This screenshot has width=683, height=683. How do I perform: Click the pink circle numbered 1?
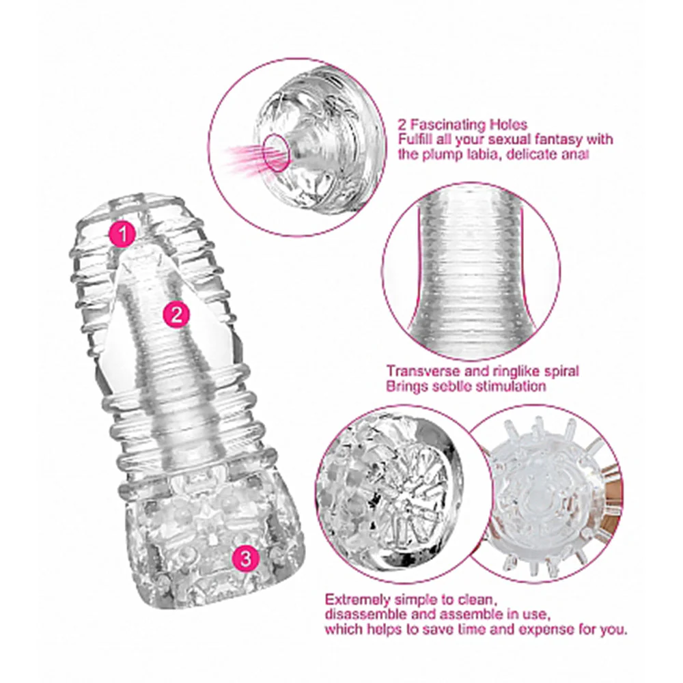point(123,234)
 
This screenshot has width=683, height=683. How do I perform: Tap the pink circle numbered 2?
point(176,314)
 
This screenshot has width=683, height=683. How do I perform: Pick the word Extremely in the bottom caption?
point(357,600)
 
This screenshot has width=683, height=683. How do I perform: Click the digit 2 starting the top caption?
point(402,125)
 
